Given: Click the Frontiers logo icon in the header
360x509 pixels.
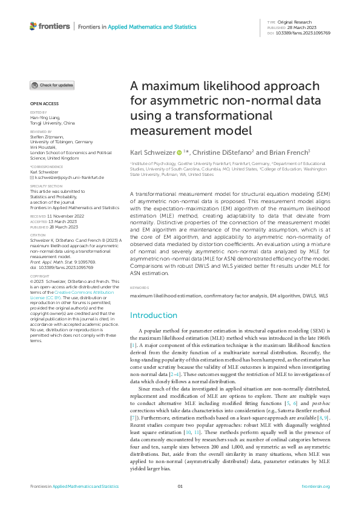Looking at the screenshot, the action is click(x=33, y=26).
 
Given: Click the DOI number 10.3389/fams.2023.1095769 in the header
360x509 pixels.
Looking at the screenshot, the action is click(x=303, y=33).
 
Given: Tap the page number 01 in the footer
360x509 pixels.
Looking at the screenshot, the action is click(x=180, y=487).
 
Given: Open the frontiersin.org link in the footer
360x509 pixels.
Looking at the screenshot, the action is click(x=315, y=487).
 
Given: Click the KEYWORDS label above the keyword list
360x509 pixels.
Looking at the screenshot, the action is click(x=140, y=288).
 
